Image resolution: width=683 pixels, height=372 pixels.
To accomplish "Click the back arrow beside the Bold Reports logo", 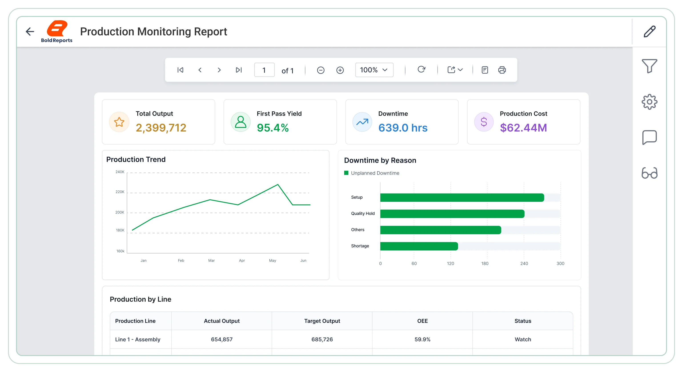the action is click(x=30, y=32).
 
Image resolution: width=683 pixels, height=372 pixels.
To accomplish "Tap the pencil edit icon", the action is click(x=650, y=32).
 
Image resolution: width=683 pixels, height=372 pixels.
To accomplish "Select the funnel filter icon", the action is click(x=649, y=66).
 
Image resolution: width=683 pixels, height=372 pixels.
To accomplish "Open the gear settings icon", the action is click(x=649, y=102).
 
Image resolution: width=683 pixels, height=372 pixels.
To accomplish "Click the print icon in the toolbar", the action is click(x=502, y=70).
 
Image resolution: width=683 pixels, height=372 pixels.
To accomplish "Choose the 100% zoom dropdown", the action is click(x=374, y=70).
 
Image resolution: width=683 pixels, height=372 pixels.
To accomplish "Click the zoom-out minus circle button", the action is click(x=321, y=70).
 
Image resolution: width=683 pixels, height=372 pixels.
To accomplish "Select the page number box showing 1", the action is click(x=264, y=70).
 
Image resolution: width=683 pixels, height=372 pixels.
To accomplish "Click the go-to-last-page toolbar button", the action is click(x=239, y=70).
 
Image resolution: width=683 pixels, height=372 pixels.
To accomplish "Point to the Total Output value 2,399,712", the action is click(x=161, y=128).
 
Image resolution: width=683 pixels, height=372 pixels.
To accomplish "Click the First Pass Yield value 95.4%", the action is click(x=273, y=128).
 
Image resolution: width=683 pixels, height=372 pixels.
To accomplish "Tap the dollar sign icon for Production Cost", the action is click(x=484, y=122).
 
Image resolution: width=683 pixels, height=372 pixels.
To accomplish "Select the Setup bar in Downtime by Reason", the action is click(x=462, y=198).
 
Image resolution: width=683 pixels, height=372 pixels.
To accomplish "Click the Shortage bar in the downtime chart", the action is click(x=419, y=246).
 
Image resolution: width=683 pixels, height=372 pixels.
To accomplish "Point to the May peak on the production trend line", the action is click(x=278, y=184).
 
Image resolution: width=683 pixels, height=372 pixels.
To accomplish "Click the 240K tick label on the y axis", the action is click(x=120, y=172).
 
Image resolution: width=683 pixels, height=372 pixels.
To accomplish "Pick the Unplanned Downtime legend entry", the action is click(x=372, y=173).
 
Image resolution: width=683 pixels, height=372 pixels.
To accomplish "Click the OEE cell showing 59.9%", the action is click(x=422, y=339).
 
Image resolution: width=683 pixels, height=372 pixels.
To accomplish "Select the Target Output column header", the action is click(x=322, y=321).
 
